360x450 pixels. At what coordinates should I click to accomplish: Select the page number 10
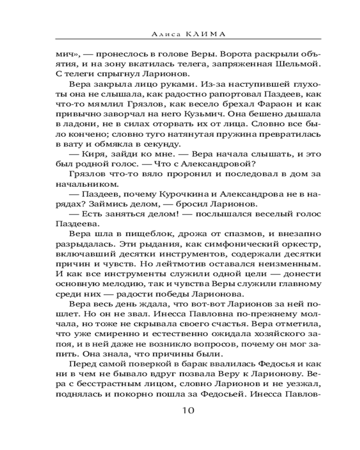[188, 410]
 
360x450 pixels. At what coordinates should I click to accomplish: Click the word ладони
[76, 124]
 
